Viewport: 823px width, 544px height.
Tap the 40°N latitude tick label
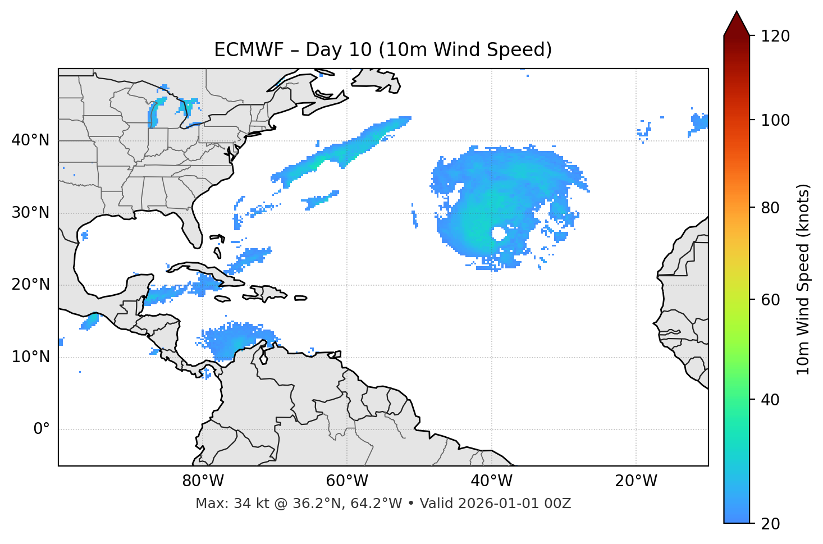click(30, 140)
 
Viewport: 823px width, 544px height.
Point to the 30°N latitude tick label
click(30, 213)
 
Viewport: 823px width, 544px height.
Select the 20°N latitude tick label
click(30, 285)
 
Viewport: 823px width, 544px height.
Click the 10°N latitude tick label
click(30, 357)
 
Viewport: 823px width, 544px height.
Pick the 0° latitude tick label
click(41, 429)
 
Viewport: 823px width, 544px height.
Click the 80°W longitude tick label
click(203, 481)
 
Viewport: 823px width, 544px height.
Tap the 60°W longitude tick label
click(347, 481)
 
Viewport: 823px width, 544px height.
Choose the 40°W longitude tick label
click(491, 481)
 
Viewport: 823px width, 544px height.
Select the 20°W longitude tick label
click(635, 481)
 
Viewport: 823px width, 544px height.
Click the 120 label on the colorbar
click(775, 36)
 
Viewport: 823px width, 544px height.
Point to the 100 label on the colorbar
click(775, 120)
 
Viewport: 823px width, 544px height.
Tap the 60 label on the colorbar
click(771, 300)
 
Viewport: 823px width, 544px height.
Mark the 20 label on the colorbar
click(771, 524)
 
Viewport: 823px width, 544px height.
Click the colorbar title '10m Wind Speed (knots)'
click(803, 279)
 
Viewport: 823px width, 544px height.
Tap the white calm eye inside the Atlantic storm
click(498, 233)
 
